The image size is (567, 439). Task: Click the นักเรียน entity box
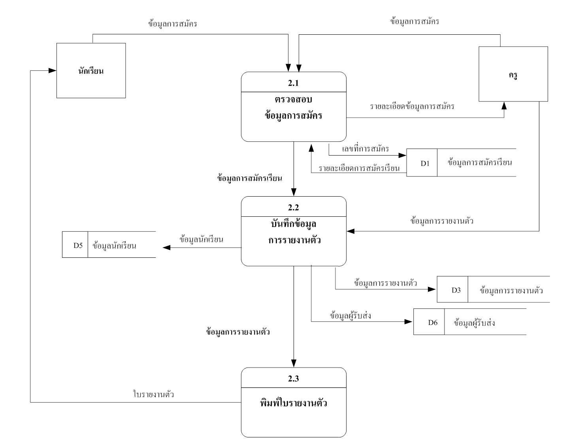91,71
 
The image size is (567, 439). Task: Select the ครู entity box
513,74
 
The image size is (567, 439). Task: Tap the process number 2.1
293,83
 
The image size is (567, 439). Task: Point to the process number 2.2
293,207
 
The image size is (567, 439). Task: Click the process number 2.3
293,379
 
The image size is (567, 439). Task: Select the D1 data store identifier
425,163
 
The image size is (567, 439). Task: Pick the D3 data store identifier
456,290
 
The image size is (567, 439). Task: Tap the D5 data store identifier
78,245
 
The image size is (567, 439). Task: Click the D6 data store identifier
433,323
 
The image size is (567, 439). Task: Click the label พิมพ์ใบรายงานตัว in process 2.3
293,403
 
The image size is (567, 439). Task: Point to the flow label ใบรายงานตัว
154,394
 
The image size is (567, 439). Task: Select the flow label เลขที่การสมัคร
365,149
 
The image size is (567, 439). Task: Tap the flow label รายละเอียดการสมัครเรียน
359,169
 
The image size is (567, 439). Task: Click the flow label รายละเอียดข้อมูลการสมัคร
412,106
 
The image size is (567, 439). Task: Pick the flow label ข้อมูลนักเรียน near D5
201,239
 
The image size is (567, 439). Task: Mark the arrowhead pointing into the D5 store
166,248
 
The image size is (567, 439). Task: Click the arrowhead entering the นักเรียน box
53,71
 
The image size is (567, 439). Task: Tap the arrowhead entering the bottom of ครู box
504,105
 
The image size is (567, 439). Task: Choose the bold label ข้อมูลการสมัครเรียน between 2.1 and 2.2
249,178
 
